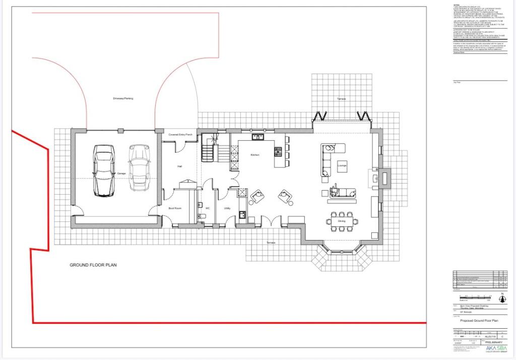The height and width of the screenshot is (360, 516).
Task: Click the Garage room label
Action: tap(121, 174)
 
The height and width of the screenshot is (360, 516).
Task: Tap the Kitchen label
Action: tap(254, 155)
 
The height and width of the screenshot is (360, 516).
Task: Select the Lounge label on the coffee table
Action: tap(342, 166)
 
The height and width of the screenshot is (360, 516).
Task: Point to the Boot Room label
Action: tap(174, 208)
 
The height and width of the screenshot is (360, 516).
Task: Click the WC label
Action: tap(207, 208)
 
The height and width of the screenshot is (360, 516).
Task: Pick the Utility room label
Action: tap(227, 208)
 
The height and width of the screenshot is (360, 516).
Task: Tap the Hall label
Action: tap(179, 166)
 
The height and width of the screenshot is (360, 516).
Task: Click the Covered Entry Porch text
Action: tap(180, 135)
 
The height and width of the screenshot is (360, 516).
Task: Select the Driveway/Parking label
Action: tap(123, 98)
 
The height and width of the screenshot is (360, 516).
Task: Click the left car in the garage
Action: tap(104, 171)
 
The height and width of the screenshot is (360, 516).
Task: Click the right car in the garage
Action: tap(139, 168)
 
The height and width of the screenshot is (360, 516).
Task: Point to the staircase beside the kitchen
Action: tap(209, 150)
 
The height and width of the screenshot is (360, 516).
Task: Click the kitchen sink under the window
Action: tap(259, 136)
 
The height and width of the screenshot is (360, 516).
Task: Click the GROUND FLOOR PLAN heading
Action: tap(93, 265)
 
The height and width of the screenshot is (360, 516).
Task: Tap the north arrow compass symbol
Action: tap(501, 296)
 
